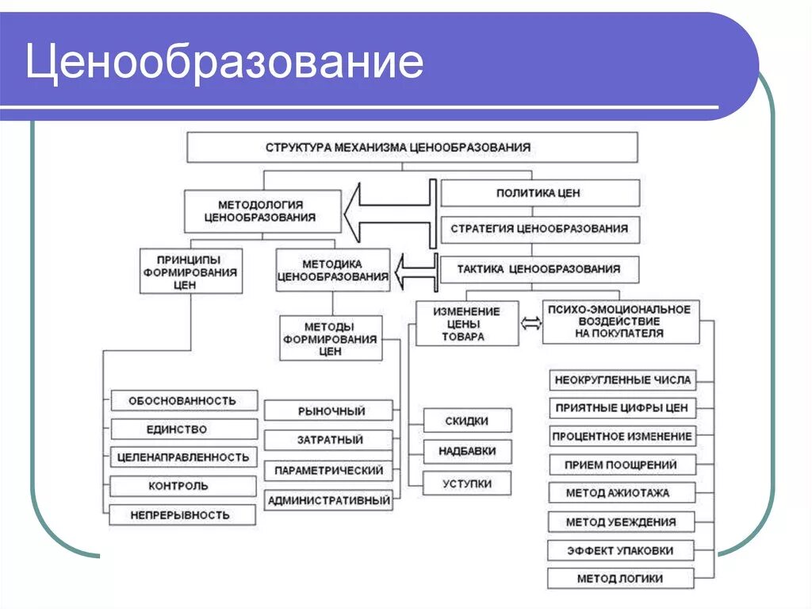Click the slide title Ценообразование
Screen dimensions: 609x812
click(x=224, y=63)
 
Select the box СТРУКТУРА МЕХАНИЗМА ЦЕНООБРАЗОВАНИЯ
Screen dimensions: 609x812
click(x=412, y=148)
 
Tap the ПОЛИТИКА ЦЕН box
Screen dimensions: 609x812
click(x=538, y=193)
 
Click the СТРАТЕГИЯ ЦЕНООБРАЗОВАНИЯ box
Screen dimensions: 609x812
click(x=539, y=229)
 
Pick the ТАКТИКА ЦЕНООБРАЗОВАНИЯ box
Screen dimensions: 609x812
click(x=538, y=269)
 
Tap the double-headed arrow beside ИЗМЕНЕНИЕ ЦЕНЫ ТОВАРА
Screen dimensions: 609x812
click(x=530, y=323)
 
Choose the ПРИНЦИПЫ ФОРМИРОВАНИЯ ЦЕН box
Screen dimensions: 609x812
click(x=190, y=272)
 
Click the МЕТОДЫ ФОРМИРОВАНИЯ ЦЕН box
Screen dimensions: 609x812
click(x=329, y=337)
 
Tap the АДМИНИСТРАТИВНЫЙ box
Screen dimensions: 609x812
click(x=329, y=501)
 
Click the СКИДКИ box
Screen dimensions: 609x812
click(x=467, y=421)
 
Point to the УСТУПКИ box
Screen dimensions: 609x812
click(x=467, y=484)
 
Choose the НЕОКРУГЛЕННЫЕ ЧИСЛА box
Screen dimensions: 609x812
click(x=622, y=380)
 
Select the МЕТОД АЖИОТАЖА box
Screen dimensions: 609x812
click(x=622, y=493)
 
